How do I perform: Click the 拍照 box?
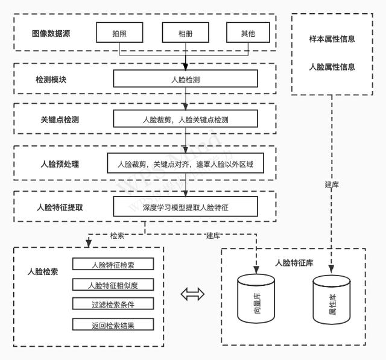coord(119,33)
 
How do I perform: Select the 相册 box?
coord(186,33)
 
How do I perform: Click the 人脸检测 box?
coord(186,79)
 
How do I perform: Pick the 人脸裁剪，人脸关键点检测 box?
coord(186,119)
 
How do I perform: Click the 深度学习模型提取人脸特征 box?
coord(186,207)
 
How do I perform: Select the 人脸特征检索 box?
coord(113,264)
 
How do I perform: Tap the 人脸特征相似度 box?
coord(113,285)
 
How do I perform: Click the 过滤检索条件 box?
coord(113,305)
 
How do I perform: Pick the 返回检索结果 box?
coord(113,325)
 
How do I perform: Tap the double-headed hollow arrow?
coord(192,294)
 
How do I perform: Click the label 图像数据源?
coord(51,33)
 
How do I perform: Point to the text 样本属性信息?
coord(332,39)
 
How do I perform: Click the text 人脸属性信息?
coord(332,67)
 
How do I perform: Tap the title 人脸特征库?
coord(294,262)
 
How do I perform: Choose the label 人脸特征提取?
coord(60,207)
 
